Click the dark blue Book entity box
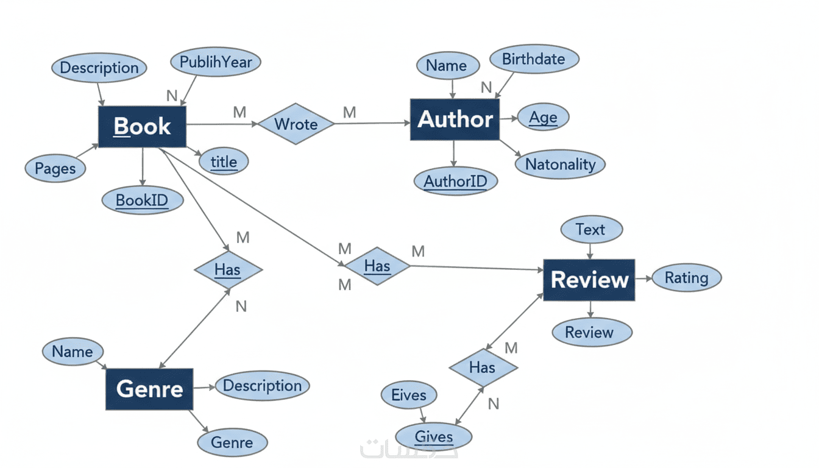click(x=142, y=126)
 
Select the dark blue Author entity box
click(x=455, y=119)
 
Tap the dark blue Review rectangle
click(x=589, y=280)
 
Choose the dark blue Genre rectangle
click(x=149, y=389)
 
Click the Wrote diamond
click(x=296, y=124)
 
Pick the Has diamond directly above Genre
click(x=228, y=269)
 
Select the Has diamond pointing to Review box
click(x=377, y=266)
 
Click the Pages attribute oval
click(x=55, y=168)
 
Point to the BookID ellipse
click(x=142, y=200)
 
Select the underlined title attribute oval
click(x=224, y=161)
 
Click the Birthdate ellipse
click(x=534, y=59)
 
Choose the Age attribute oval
click(x=543, y=118)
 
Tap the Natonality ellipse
click(x=560, y=164)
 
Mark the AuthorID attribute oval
click(x=456, y=181)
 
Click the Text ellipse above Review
click(x=590, y=230)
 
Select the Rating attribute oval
click(x=686, y=278)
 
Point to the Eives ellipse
click(x=409, y=395)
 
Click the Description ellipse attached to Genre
click(x=262, y=386)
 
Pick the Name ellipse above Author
click(x=447, y=66)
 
